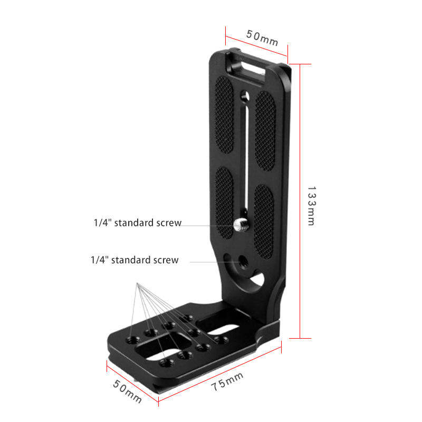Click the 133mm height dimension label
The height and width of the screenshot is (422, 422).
pyautogui.click(x=311, y=206)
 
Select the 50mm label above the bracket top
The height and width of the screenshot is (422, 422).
pyautogui.click(x=262, y=38)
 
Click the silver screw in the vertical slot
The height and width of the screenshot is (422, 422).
pyautogui.click(x=240, y=226)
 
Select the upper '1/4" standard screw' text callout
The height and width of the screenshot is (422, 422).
pyautogui.click(x=138, y=223)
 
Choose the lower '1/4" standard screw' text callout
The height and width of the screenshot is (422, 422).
pyautogui.click(x=135, y=260)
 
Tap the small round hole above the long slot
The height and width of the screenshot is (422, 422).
pyautogui.click(x=244, y=95)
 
